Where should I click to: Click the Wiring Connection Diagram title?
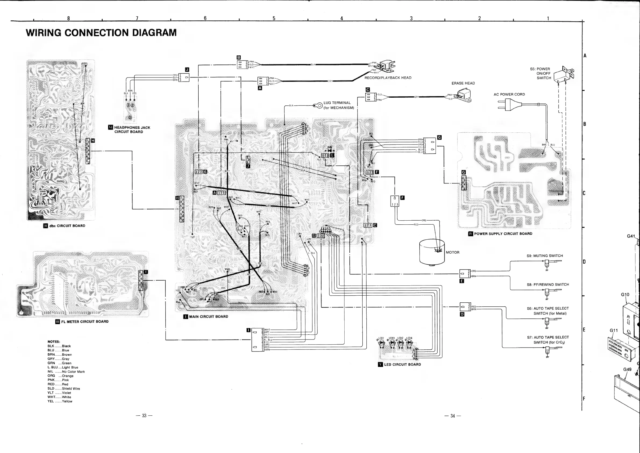point(101,33)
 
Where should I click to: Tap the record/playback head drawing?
point(388,66)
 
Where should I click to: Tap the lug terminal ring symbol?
point(318,105)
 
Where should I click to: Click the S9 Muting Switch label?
point(545,256)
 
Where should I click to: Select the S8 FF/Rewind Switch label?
point(548,285)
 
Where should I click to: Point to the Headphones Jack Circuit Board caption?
point(131,130)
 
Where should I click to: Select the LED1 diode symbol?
point(382,343)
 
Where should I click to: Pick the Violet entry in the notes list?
point(60,393)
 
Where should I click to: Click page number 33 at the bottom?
point(144,416)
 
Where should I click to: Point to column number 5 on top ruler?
point(274,18)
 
